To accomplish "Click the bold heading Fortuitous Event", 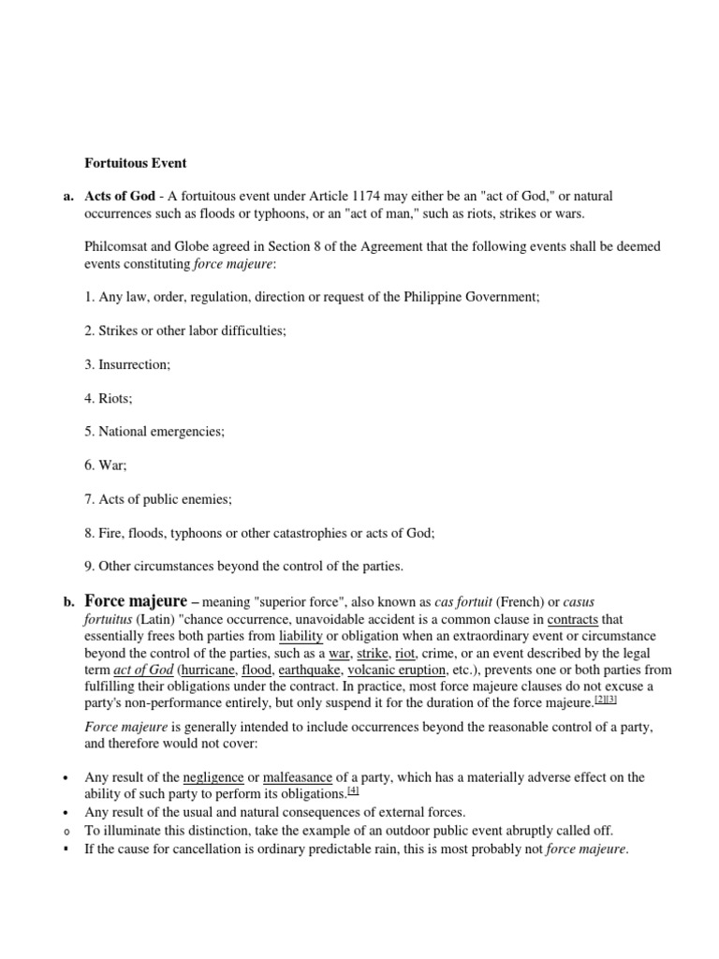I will point(136,163).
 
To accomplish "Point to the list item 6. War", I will point(105,465).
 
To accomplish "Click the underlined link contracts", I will point(572,620).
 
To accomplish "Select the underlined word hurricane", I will point(209,670).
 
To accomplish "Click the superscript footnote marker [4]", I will point(353,790).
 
